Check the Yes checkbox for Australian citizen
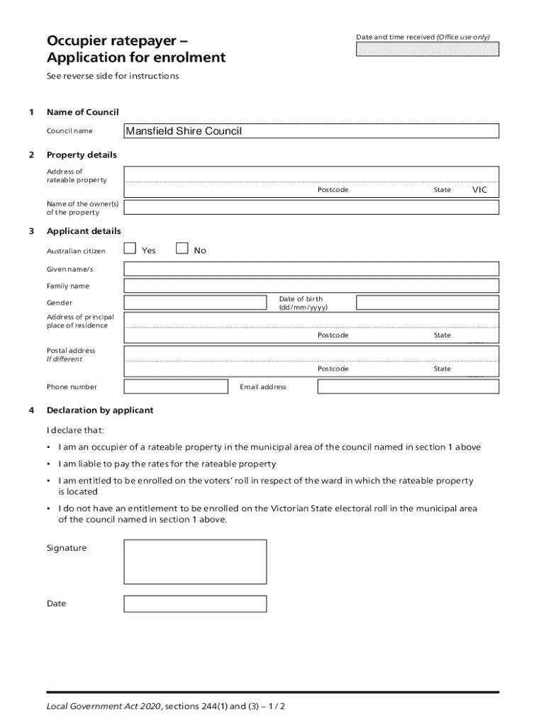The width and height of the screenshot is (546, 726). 130,248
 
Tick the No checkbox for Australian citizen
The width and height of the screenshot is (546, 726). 182,248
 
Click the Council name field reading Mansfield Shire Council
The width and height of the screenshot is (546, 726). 311,131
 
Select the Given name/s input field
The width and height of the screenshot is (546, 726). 311,269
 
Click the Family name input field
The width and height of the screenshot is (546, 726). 311,286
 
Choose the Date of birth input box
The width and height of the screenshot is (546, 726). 427,303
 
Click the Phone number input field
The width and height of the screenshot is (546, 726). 176,386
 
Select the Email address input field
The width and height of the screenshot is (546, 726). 408,386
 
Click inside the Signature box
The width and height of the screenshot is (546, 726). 195,562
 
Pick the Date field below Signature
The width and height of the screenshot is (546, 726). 195,604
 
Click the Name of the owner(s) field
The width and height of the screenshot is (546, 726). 311,207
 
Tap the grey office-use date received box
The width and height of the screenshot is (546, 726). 427,49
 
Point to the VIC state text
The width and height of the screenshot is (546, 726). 480,190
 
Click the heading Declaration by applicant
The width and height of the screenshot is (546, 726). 100,411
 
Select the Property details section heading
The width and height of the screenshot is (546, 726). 82,155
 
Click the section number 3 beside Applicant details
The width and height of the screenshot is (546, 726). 30,231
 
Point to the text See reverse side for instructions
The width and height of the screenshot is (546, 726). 113,76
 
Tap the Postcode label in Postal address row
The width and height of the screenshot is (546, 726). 333,369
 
